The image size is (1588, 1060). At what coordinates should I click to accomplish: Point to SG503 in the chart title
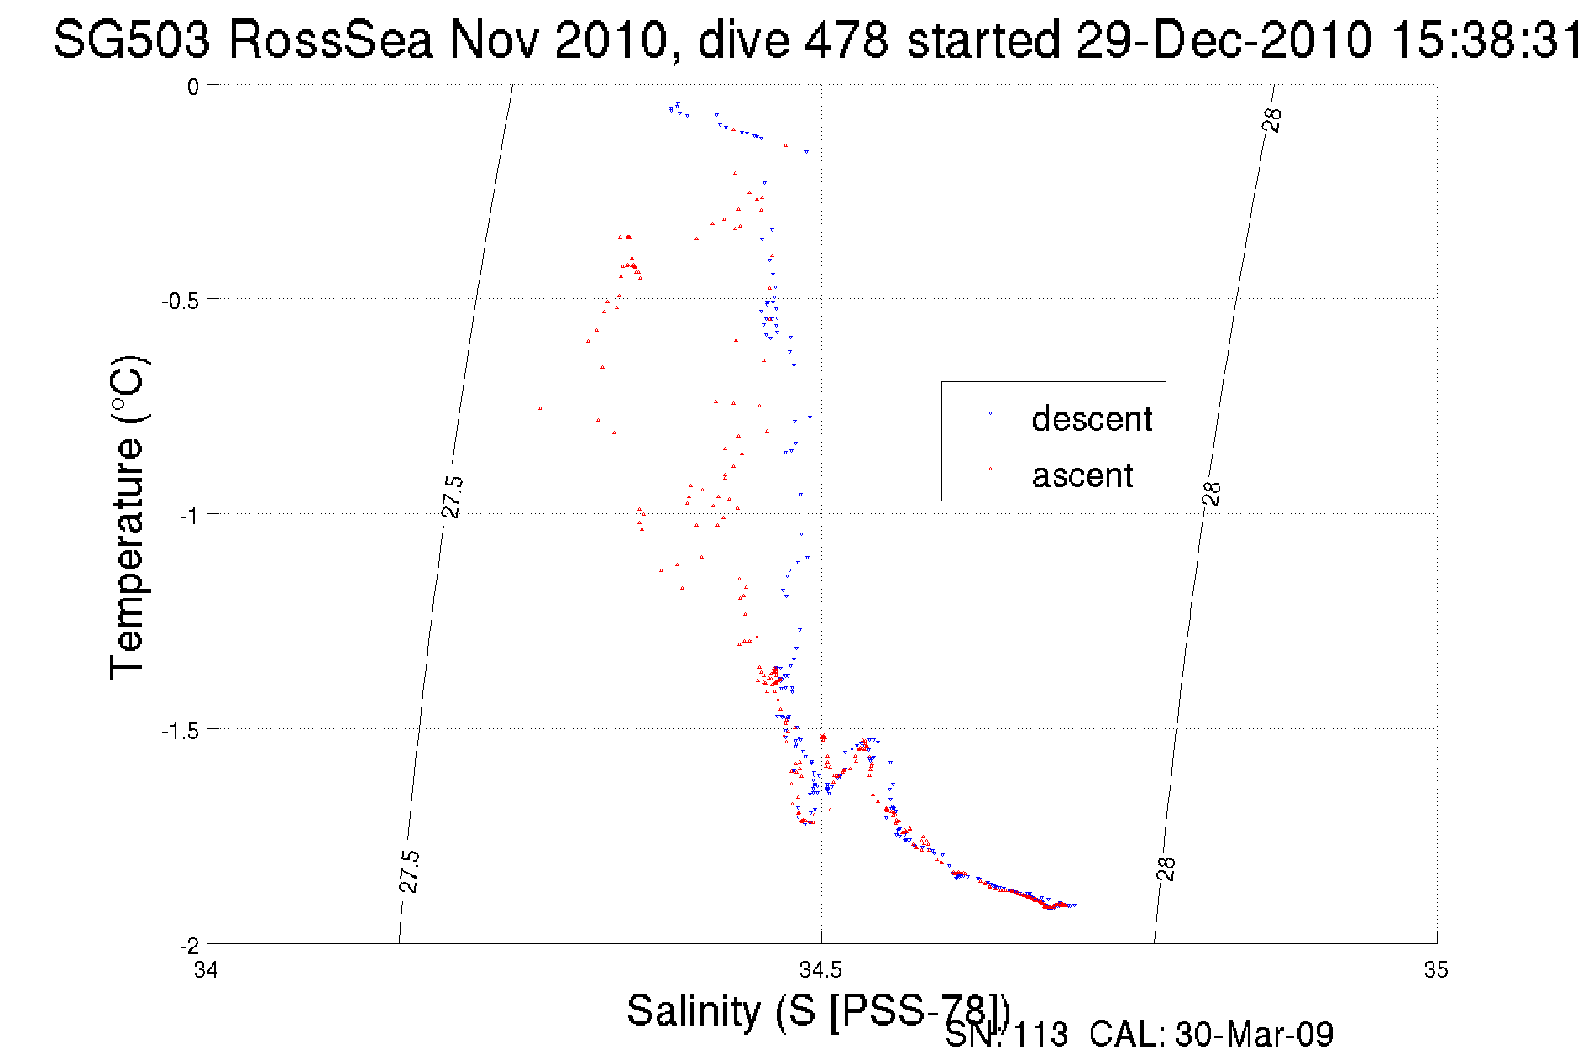pyautogui.click(x=132, y=40)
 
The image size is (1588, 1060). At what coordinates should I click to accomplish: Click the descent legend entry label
pyautogui.click(x=1092, y=418)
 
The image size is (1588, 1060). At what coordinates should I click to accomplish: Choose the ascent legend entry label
pyautogui.click(x=1082, y=475)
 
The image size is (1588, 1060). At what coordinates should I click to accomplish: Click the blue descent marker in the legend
pyautogui.click(x=990, y=413)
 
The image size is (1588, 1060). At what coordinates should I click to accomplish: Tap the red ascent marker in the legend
pyautogui.click(x=990, y=470)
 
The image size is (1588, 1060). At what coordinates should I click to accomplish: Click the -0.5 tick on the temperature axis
pyautogui.click(x=180, y=301)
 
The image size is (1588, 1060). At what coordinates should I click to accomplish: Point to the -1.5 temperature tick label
pyautogui.click(x=180, y=731)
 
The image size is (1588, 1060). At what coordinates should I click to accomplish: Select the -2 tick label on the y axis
pyautogui.click(x=189, y=946)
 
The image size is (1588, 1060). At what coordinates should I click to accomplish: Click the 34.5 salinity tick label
pyautogui.click(x=820, y=970)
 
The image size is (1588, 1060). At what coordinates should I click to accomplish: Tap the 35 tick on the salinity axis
pyautogui.click(x=1436, y=970)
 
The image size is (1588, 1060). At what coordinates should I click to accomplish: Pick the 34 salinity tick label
pyautogui.click(x=206, y=970)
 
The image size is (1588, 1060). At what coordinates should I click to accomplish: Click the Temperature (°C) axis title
pyautogui.click(x=128, y=517)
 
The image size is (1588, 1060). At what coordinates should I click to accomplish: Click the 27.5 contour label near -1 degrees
pyautogui.click(x=452, y=496)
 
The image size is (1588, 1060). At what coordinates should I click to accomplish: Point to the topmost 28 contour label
pyautogui.click(x=1272, y=120)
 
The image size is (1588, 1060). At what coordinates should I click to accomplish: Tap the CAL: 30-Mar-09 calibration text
pyautogui.click(x=1211, y=1035)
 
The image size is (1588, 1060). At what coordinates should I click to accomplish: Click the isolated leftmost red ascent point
pyautogui.click(x=540, y=408)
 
